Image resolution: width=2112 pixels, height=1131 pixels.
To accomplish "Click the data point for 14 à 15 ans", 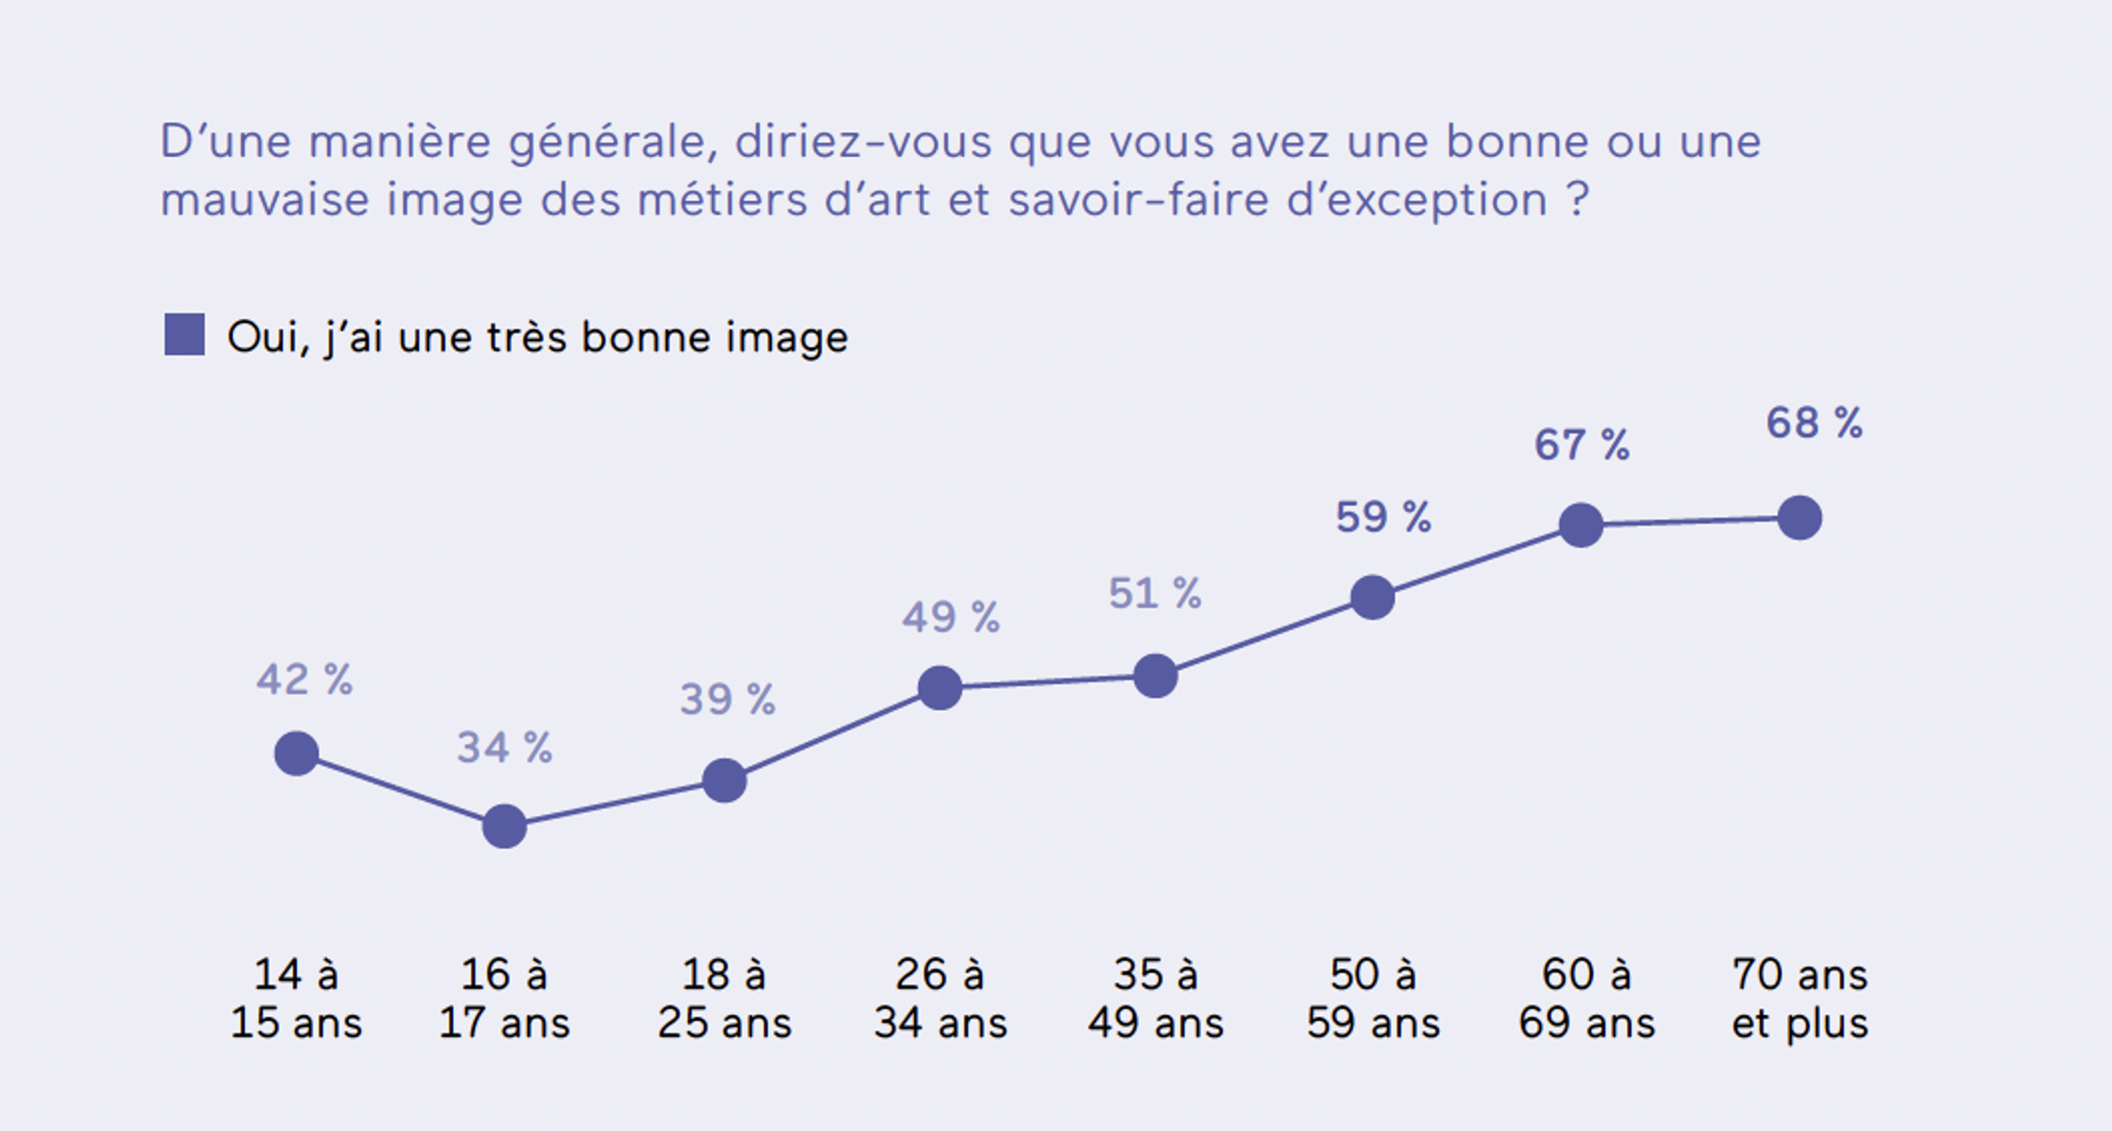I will [296, 754].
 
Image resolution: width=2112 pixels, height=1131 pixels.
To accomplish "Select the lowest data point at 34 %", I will [504, 826].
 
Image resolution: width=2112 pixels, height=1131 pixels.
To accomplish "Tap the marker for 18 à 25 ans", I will [725, 780].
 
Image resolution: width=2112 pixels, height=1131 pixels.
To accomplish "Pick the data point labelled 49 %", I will [940, 688].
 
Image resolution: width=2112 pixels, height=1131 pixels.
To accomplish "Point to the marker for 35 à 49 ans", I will [1155, 676].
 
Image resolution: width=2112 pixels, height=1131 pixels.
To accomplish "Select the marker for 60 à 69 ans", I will [1581, 525].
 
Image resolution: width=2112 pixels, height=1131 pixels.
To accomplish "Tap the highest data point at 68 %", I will [1799, 518].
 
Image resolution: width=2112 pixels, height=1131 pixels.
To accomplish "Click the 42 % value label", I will [304, 680].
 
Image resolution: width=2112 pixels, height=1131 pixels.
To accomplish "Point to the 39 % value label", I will [727, 700].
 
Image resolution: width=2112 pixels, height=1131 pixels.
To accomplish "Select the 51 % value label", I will [1154, 594].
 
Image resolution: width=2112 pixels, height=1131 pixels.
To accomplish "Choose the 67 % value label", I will [1582, 446].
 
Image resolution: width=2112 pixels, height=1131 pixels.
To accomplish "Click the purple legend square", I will [185, 335].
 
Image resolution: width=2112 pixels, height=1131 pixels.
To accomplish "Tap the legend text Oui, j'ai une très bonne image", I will [537, 337].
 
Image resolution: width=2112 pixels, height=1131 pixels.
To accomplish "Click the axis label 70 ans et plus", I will [1799, 998].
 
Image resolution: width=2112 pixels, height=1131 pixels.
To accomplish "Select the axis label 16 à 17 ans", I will [504, 998].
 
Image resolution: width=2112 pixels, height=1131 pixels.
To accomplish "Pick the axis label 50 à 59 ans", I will [1373, 998].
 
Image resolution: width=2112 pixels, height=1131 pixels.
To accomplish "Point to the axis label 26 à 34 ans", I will [940, 998].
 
